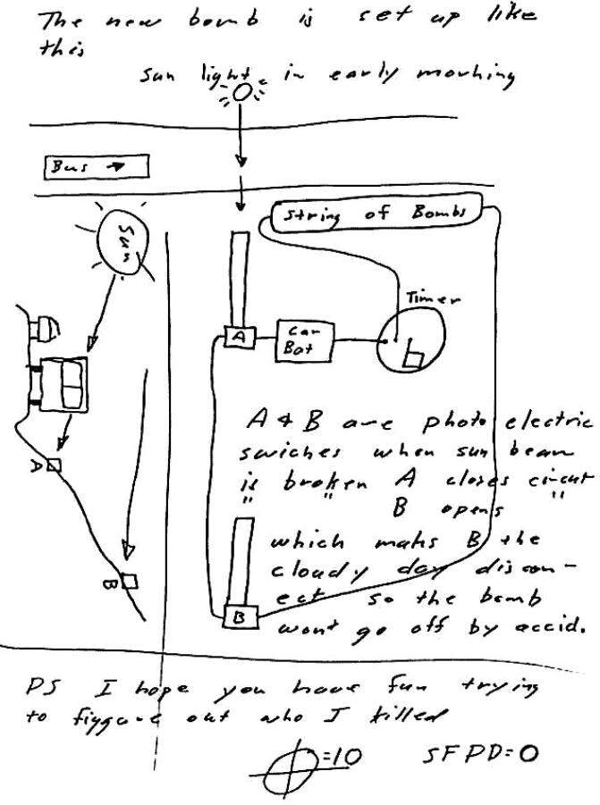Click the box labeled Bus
tap(96, 166)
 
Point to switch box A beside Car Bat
tap(239, 337)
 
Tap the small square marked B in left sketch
tap(130, 582)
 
